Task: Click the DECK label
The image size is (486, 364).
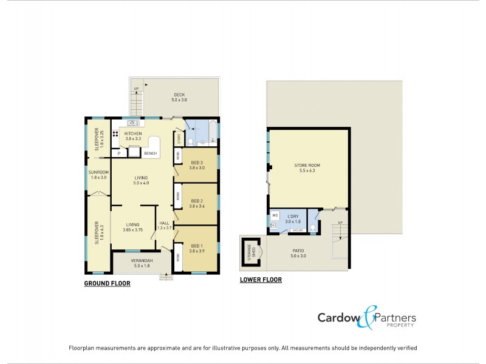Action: coord(179,95)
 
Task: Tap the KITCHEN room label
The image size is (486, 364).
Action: coord(133,133)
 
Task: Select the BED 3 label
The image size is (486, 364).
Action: coord(196,163)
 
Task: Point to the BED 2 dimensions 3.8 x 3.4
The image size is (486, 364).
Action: coord(196,206)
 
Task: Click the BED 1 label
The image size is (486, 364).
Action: coord(196,246)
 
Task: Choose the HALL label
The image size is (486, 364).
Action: coord(164,223)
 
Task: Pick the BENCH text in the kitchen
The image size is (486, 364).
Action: coord(150,153)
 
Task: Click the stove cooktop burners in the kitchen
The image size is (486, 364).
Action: coord(115,135)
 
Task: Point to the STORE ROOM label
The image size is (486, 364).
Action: coord(310,165)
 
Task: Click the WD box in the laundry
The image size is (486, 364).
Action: coord(275,215)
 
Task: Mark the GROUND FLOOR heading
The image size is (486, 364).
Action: coord(107,283)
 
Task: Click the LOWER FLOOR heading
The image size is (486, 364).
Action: coord(261,280)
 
